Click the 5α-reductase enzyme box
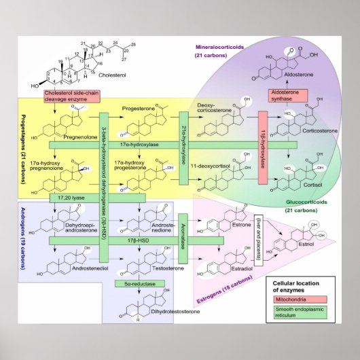(x=141, y=283)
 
